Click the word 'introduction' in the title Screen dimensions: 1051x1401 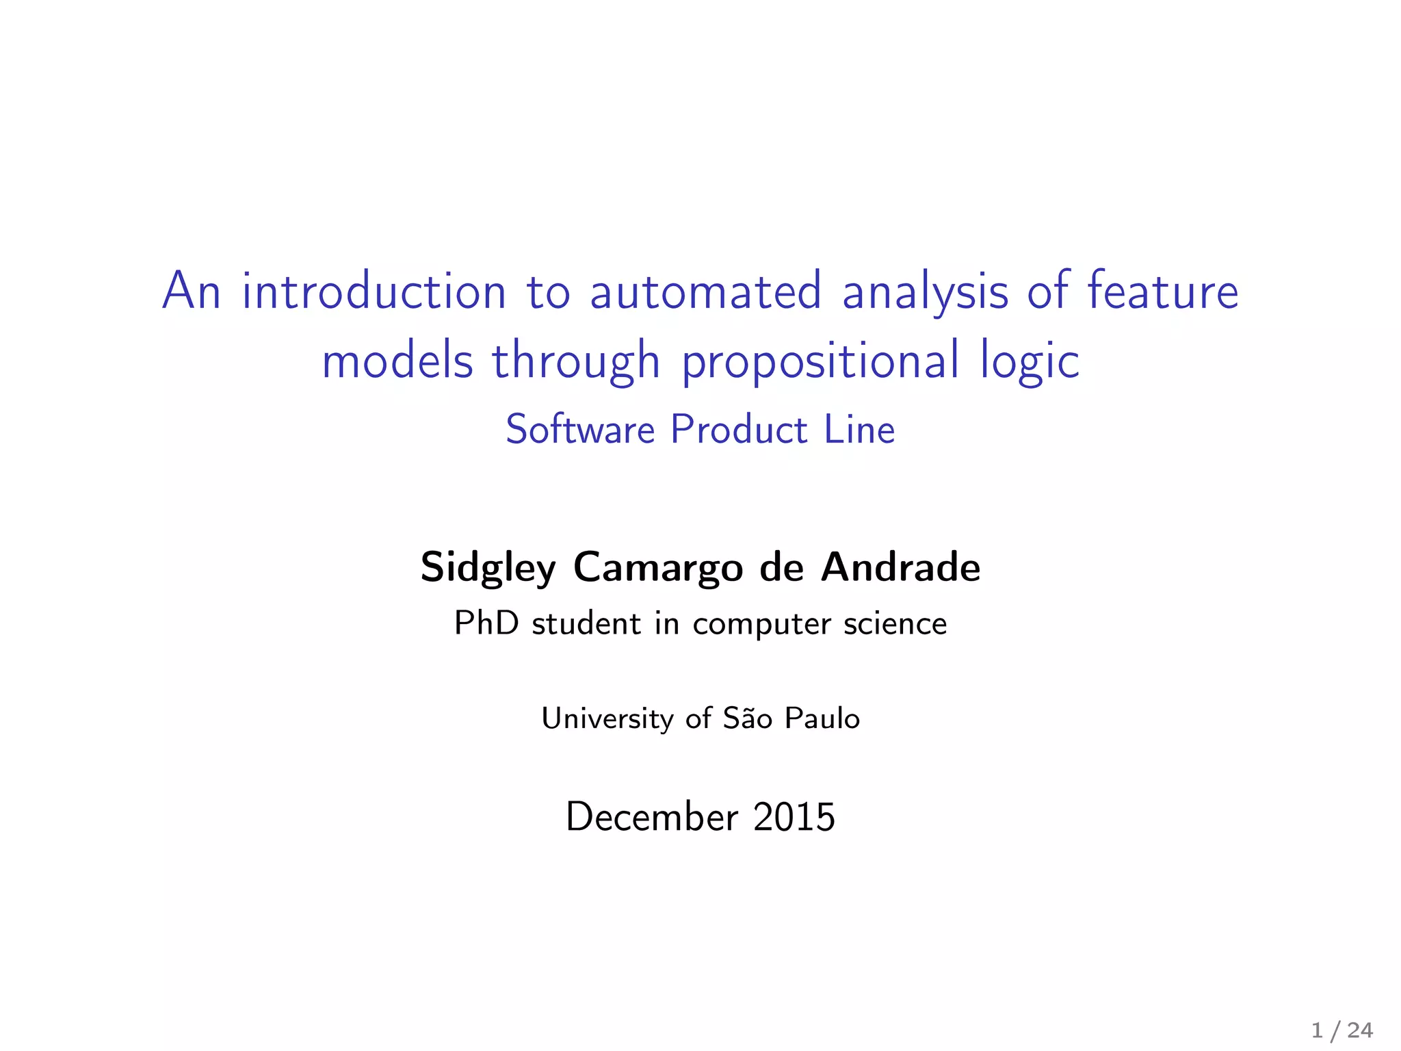374,291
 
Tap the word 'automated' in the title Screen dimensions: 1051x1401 705,291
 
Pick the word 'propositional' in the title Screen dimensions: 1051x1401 820,363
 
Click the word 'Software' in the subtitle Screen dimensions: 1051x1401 580,430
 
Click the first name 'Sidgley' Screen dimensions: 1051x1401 488,569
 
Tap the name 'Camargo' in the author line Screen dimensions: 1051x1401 657,569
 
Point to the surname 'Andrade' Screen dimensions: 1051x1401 900,567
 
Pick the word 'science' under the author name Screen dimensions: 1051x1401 895,624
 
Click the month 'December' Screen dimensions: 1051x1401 652,817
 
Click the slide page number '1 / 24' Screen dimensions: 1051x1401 1341,1030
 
